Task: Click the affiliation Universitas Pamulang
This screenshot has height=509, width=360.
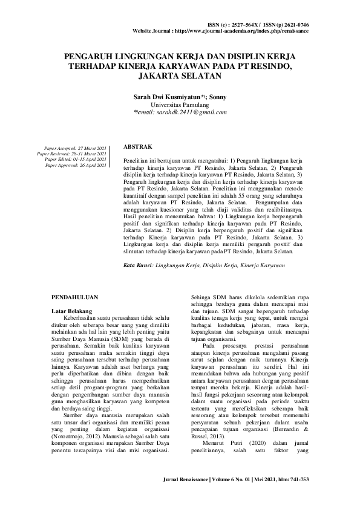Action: (x=180, y=104)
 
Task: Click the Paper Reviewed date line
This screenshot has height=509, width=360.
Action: (x=72, y=154)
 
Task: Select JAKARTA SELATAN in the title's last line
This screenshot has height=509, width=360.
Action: (x=180, y=77)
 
